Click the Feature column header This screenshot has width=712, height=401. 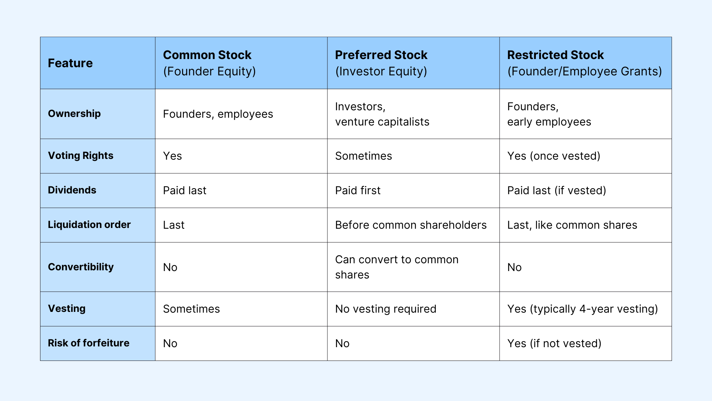pos(70,63)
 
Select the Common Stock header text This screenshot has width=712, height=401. pos(207,55)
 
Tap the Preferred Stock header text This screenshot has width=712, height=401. pos(381,55)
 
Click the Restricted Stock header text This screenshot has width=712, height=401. pos(555,55)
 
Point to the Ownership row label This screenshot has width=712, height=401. pos(74,114)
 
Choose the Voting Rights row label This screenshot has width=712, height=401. pos(80,156)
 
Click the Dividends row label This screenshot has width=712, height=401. pos(72,190)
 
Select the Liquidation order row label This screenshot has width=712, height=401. pos(89,225)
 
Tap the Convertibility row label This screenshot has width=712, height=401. pos(80,267)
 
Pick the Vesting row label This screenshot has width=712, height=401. pos(67,309)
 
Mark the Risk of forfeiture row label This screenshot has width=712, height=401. pos(88,343)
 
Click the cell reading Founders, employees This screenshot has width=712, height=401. pos(218,114)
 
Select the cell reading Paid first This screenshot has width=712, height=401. pos(357,190)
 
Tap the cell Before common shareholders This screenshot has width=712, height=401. pos(411,225)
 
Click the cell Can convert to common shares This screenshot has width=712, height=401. pos(396,267)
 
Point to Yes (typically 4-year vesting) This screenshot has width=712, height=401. pos(582,309)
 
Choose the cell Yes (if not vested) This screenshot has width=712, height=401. pos(554,343)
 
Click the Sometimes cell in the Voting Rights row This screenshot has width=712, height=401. pos(363,156)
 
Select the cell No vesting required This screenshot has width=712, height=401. pos(385,309)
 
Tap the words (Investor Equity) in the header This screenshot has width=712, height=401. pos(381,71)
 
